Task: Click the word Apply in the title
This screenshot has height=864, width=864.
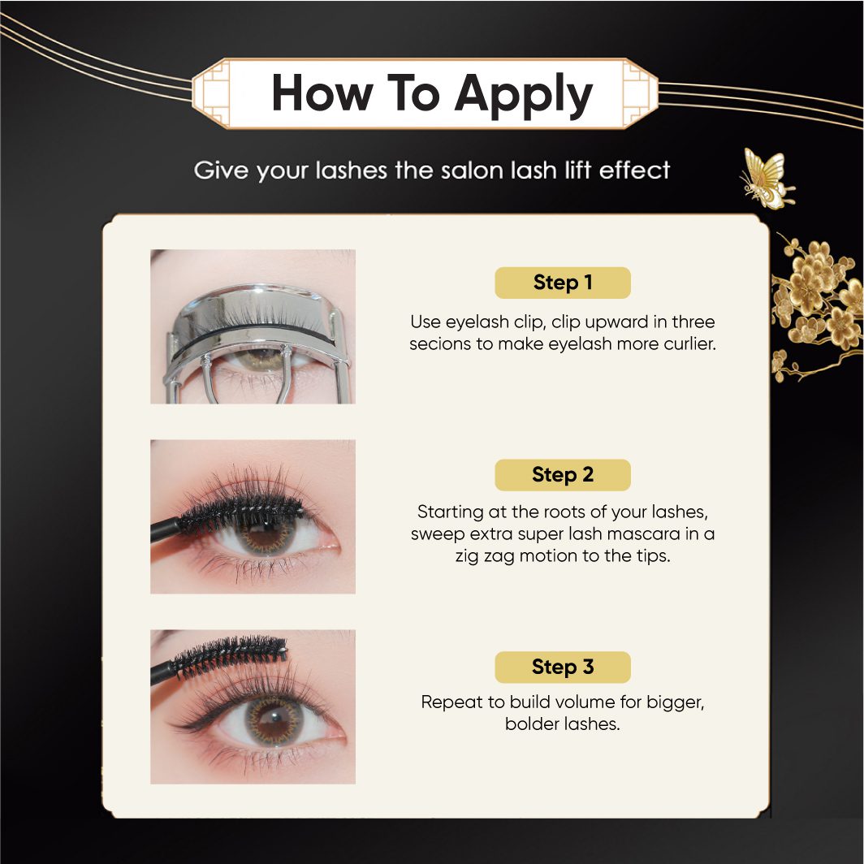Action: point(523,95)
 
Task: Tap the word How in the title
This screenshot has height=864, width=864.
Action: point(322,93)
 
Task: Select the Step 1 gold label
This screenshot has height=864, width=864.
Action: point(562,283)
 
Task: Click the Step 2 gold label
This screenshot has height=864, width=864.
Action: point(562,474)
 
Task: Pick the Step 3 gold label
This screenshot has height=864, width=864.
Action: point(562,667)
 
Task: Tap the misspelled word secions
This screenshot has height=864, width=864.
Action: point(440,343)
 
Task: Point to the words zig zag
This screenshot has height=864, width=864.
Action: point(485,556)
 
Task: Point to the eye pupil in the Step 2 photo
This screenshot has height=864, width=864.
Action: point(266,533)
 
